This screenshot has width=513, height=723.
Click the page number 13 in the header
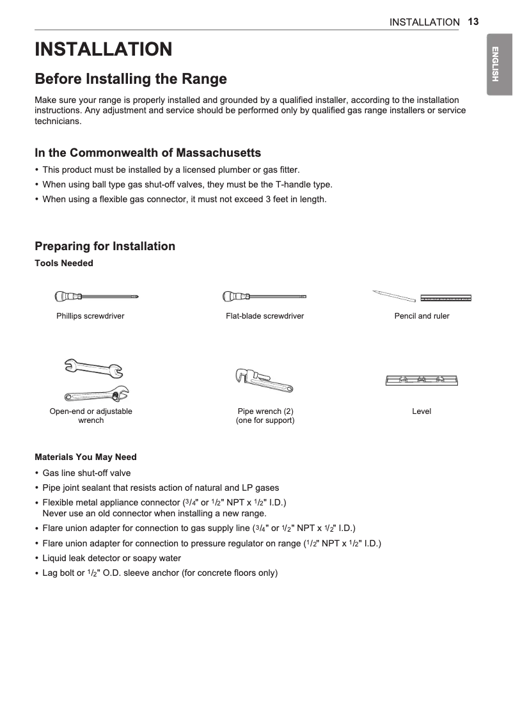473,21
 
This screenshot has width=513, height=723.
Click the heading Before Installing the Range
130,79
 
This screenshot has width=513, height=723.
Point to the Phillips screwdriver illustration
97,296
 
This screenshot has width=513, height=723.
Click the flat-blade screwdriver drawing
264,296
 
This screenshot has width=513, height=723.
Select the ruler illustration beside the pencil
446,298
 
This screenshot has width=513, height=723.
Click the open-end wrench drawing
93,369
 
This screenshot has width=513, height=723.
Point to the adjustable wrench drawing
96,392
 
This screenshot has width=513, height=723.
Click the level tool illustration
422,380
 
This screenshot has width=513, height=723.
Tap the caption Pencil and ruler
422,316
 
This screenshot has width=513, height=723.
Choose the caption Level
422,411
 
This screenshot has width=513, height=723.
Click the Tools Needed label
64,263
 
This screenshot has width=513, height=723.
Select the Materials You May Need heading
86,457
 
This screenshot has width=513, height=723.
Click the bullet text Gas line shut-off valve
86,473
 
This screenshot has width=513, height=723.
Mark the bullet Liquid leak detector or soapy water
111,558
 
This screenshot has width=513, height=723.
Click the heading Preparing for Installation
105,246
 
